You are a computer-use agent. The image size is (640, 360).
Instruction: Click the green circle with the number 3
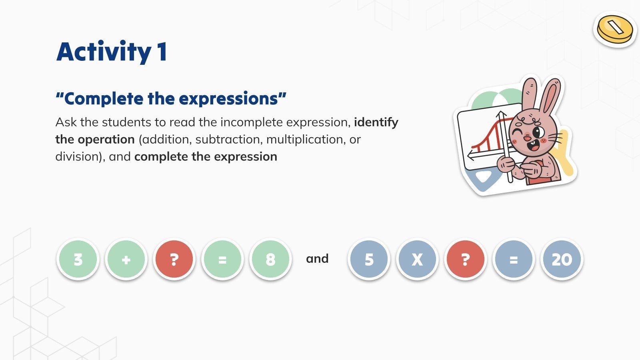[x=78, y=259]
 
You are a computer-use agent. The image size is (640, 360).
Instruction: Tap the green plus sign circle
[x=126, y=259]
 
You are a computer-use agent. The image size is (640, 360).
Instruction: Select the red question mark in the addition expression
[x=174, y=259]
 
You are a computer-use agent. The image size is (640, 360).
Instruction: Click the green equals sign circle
[x=222, y=259]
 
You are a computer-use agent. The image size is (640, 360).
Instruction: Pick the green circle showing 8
[x=270, y=259]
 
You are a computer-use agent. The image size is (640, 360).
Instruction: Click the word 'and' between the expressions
[x=317, y=259]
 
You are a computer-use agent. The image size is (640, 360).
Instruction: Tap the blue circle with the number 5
[x=369, y=259]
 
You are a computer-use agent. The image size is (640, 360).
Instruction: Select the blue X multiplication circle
[x=417, y=259]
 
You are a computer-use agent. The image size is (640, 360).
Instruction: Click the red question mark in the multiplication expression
[x=465, y=259]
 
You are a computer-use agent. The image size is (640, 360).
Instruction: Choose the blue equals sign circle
[x=514, y=259]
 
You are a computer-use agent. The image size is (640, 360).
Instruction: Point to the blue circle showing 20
[x=562, y=259]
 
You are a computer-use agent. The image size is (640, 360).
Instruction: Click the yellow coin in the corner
[x=615, y=30]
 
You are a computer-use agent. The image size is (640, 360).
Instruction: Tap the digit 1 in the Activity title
[x=162, y=52]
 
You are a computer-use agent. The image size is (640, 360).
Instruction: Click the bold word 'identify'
[x=376, y=122]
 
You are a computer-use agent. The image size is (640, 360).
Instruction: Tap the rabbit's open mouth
[x=534, y=146]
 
